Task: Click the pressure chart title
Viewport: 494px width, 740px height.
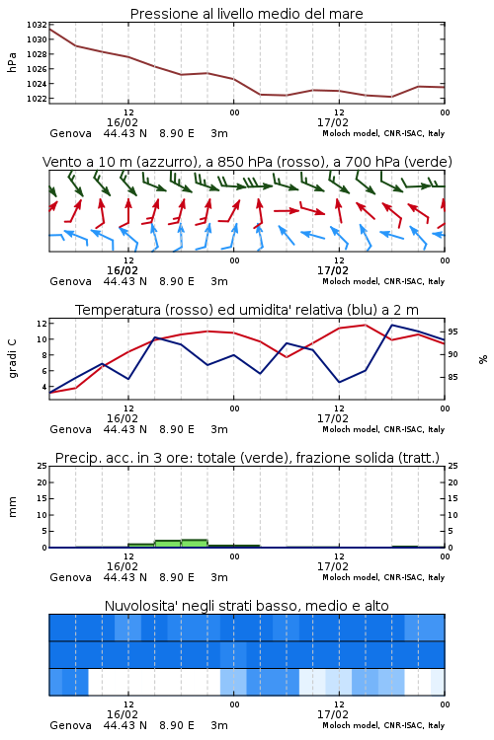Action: point(246,14)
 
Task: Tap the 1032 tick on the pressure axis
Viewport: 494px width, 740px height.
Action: point(37,25)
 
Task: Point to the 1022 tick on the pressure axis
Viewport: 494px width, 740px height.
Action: point(37,98)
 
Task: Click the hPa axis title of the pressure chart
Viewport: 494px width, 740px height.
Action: point(12,62)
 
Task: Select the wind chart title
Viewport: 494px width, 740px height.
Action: point(247,162)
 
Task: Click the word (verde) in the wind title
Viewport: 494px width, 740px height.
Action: point(431,162)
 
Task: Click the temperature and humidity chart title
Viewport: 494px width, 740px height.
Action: point(247,310)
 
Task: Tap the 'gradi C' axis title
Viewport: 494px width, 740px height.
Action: point(12,358)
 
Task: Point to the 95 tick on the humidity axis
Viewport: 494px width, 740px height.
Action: point(453,332)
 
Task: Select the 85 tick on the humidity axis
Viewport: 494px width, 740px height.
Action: point(453,377)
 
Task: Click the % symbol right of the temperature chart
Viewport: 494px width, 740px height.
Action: point(483,359)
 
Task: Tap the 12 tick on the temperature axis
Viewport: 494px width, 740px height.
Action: point(41,324)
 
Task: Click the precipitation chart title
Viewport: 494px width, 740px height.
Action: point(247,458)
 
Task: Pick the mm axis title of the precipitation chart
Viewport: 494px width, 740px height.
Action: point(12,506)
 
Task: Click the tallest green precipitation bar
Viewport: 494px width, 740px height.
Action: point(195,544)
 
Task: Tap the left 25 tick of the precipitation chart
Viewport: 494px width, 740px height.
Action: point(41,466)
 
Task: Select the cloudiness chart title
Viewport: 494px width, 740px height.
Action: point(246,606)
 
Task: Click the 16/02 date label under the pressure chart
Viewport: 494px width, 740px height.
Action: point(123,122)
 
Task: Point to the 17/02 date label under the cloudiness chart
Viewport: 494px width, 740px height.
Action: point(333,714)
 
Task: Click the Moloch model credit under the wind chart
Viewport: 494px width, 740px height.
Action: point(383,281)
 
